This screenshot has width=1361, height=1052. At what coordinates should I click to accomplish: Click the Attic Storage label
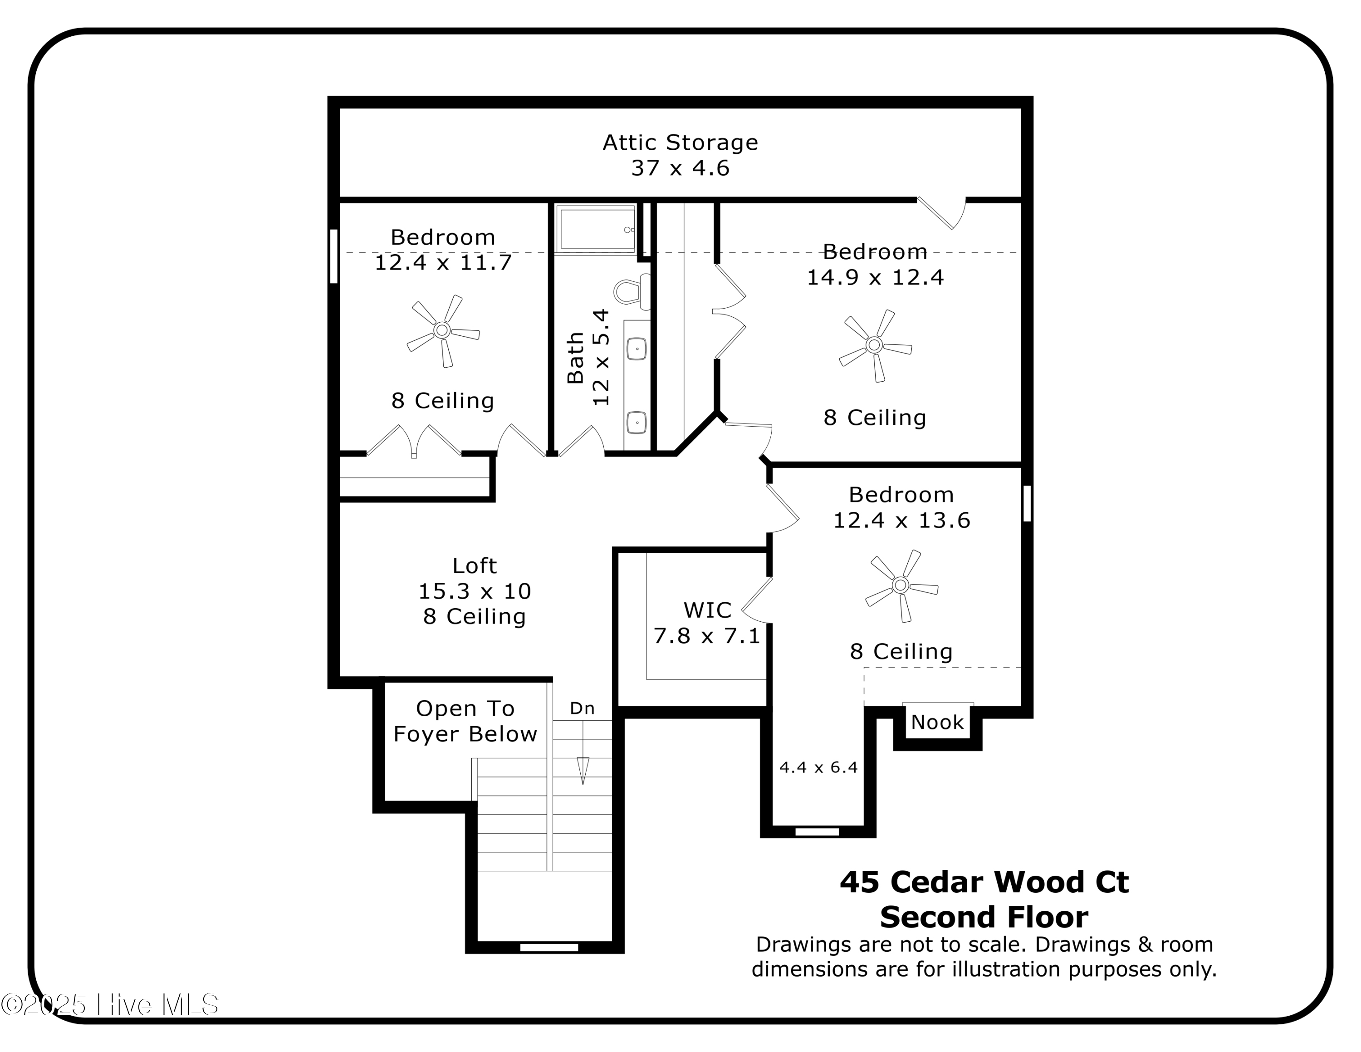pyautogui.click(x=680, y=143)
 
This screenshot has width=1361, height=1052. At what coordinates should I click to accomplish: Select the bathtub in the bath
pyautogui.click(x=595, y=229)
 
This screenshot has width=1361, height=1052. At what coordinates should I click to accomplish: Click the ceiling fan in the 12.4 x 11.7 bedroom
pyautogui.click(x=442, y=330)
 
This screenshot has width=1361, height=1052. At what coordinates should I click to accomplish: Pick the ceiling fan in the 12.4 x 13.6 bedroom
pyautogui.click(x=901, y=585)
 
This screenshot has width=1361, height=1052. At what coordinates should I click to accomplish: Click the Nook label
pyautogui.click(x=937, y=723)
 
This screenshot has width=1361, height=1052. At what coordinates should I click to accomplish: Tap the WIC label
pyautogui.click(x=707, y=610)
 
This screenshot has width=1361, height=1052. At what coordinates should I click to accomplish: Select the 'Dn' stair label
pyautogui.click(x=582, y=708)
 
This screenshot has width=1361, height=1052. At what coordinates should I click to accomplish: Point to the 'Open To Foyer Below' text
pyautogui.click(x=465, y=721)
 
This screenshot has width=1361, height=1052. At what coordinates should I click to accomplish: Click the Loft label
pyautogui.click(x=474, y=566)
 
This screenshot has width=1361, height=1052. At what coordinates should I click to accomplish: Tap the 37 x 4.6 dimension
pyautogui.click(x=680, y=168)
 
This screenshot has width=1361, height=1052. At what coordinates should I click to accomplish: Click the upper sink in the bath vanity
pyautogui.click(x=636, y=349)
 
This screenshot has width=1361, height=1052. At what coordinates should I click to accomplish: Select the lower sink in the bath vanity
pyautogui.click(x=636, y=423)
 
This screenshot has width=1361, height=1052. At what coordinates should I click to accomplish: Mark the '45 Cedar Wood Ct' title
pyautogui.click(x=984, y=882)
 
